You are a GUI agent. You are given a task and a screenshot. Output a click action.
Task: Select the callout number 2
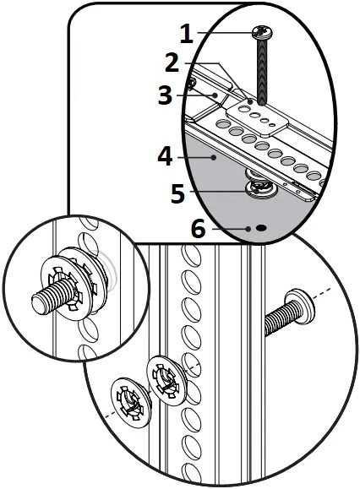[173, 62]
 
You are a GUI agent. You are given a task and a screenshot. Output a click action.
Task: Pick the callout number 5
[177, 193]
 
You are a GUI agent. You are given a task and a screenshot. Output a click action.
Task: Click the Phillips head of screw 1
[259, 34]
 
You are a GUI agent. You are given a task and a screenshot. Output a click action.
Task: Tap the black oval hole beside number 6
[261, 228]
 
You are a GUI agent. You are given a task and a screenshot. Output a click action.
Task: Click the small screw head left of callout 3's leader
[192, 83]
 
